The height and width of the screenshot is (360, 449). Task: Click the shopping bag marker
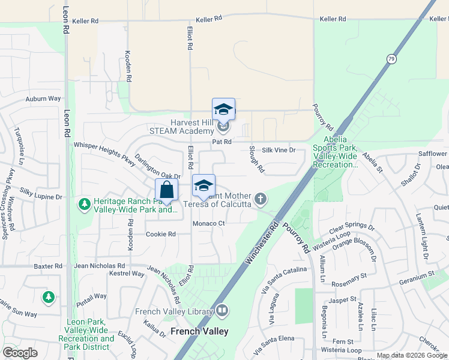[x=167, y=191]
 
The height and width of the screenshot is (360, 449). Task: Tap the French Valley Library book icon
[x=222, y=311]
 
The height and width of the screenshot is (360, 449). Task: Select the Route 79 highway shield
[x=391, y=59]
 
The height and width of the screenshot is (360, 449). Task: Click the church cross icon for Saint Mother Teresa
[x=261, y=198]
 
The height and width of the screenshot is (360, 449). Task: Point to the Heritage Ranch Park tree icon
[x=85, y=205]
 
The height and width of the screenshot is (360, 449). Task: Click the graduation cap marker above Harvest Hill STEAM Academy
[x=223, y=110]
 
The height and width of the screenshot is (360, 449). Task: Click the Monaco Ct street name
[x=208, y=223]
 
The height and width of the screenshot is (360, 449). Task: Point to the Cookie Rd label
[x=161, y=234]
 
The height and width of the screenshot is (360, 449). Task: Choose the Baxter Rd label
[x=48, y=265]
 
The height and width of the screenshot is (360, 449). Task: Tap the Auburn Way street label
[x=43, y=98]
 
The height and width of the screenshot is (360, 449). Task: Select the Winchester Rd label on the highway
[x=263, y=244]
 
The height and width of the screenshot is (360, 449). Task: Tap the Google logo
[x=20, y=353]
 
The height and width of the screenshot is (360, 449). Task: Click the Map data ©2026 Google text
[x=412, y=355]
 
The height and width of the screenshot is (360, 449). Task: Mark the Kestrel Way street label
[x=127, y=274]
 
